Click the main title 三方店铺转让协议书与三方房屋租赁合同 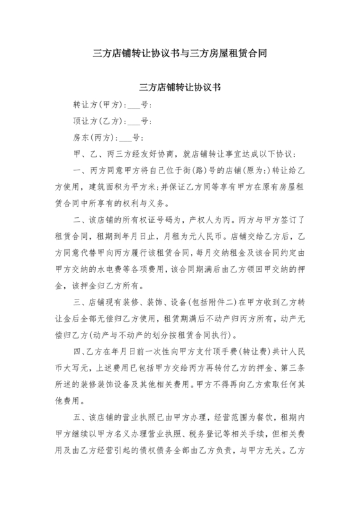pos(180,54)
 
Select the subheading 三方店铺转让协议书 pos(180,87)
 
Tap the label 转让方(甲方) pos(98,104)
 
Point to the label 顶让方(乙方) pos(98,121)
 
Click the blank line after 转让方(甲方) pos(134,105)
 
